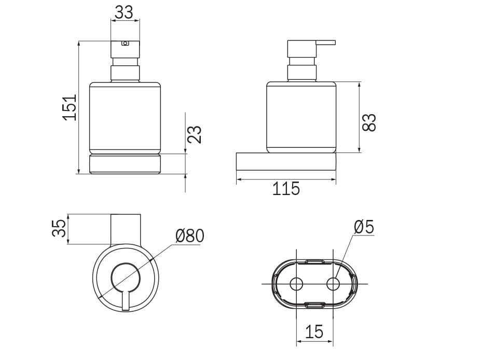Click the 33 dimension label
(124, 12)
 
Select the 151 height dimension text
(70, 107)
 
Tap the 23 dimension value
(194, 134)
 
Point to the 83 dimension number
(369, 122)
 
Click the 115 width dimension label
(286, 189)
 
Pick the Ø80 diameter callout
(190, 236)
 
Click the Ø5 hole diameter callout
(364, 227)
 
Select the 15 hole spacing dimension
(314, 332)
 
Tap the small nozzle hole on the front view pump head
(125, 43)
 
